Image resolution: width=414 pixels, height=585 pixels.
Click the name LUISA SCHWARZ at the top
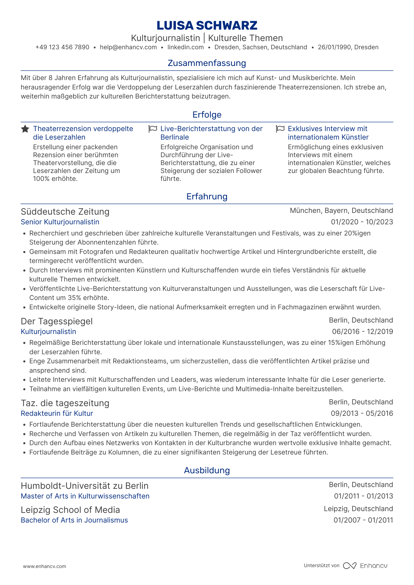click(207, 26)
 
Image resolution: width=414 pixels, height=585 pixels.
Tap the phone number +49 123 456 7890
click(62, 47)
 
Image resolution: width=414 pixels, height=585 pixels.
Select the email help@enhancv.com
click(128, 47)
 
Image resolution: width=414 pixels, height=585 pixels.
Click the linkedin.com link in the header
click(186, 47)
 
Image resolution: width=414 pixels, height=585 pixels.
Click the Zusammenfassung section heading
click(207, 63)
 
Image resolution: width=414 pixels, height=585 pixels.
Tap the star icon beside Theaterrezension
click(25, 129)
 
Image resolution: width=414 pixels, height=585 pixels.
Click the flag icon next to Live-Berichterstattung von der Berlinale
click(153, 129)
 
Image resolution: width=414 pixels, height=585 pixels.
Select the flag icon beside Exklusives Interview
click(280, 129)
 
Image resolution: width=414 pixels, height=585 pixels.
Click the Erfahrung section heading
click(207, 196)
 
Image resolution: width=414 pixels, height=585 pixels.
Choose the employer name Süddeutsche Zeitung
click(65, 211)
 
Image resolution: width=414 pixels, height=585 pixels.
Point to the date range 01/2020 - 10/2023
click(362, 222)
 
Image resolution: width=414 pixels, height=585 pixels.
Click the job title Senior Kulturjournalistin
click(60, 222)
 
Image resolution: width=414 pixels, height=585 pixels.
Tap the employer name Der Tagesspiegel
click(57, 321)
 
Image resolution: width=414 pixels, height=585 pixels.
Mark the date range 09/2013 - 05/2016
click(362, 413)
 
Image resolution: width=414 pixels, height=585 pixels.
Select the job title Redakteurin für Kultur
click(57, 413)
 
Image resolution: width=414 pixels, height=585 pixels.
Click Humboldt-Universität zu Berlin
click(85, 486)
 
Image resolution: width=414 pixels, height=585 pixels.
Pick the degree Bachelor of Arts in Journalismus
click(74, 520)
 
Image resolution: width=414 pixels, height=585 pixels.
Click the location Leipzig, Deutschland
click(358, 509)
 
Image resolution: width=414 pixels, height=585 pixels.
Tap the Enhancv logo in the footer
click(365, 566)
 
